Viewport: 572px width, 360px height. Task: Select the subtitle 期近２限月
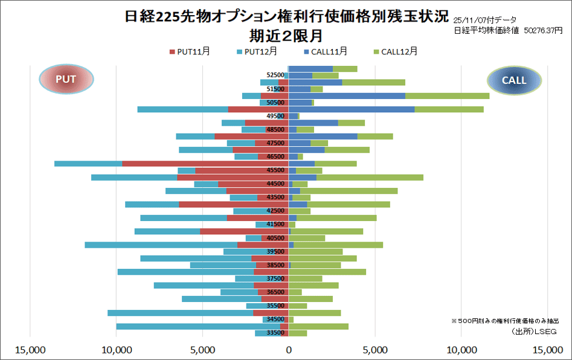click(x=286, y=35)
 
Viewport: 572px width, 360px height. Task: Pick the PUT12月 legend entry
click(x=257, y=52)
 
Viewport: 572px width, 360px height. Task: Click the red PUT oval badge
click(x=66, y=79)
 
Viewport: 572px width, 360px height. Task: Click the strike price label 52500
click(x=275, y=76)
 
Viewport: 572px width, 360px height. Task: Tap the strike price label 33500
click(x=275, y=333)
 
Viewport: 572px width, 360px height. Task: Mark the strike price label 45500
click(x=275, y=170)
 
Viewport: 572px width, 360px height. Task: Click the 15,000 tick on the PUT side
click(x=30, y=349)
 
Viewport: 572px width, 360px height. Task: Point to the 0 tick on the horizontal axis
click(x=288, y=349)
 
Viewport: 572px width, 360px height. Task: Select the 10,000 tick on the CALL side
click(x=461, y=349)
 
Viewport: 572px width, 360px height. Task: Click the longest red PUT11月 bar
click(x=205, y=164)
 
